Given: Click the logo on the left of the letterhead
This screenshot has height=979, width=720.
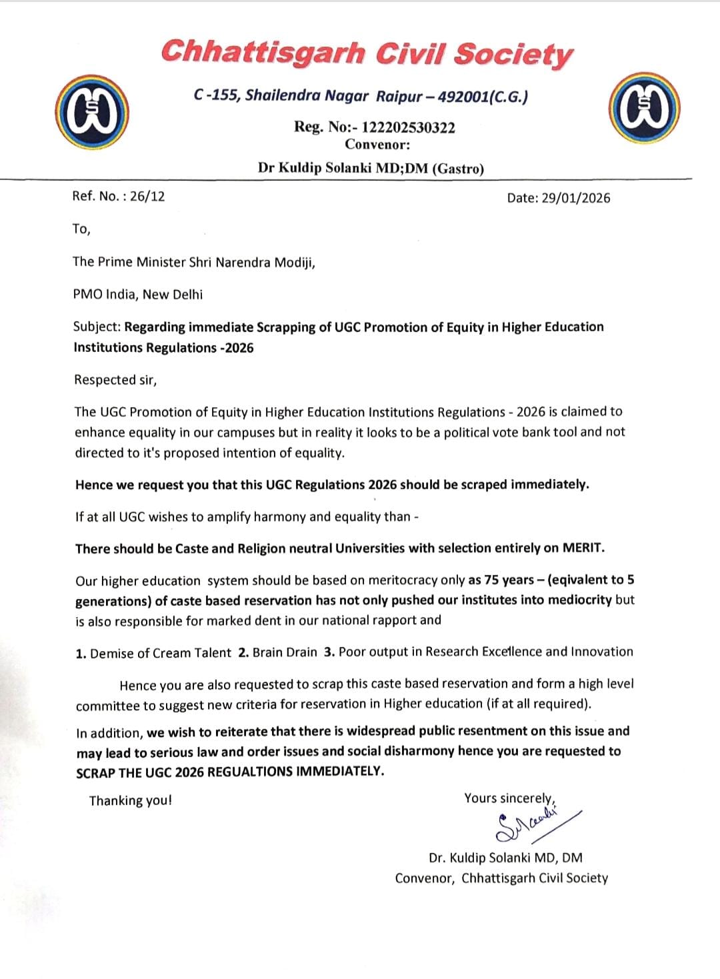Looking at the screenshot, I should [92, 112].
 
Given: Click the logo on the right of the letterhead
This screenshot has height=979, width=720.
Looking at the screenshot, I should [643, 108].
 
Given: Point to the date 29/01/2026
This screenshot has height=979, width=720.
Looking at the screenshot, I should [575, 198].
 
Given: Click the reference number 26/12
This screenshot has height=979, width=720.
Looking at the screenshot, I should [147, 196].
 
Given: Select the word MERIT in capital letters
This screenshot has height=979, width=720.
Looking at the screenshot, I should [583, 548].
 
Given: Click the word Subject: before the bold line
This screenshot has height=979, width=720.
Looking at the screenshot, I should [97, 327].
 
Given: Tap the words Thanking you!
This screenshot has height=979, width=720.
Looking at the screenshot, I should [131, 800].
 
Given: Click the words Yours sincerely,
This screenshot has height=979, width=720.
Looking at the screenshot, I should [510, 798].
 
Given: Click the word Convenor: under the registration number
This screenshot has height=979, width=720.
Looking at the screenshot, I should [377, 145].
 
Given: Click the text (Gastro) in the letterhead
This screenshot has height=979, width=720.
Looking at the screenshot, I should [458, 169].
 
